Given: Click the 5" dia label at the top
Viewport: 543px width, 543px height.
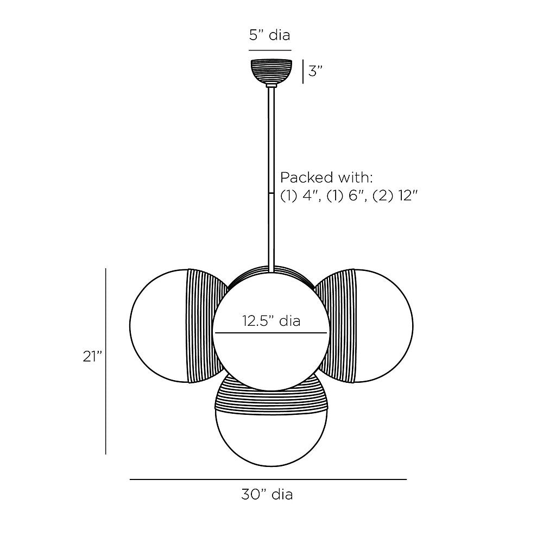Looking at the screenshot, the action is click(269, 35).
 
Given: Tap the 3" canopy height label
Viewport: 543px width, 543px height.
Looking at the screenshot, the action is click(315, 71).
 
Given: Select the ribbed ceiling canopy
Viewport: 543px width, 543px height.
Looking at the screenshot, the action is click(271, 72).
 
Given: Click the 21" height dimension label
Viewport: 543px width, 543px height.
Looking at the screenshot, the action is click(92, 356).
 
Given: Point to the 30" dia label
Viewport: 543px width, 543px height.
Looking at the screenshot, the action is click(267, 494).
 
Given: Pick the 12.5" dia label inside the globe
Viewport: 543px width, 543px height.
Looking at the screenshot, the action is click(271, 321).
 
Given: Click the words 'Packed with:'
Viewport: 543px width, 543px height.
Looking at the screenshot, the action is click(326, 178).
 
